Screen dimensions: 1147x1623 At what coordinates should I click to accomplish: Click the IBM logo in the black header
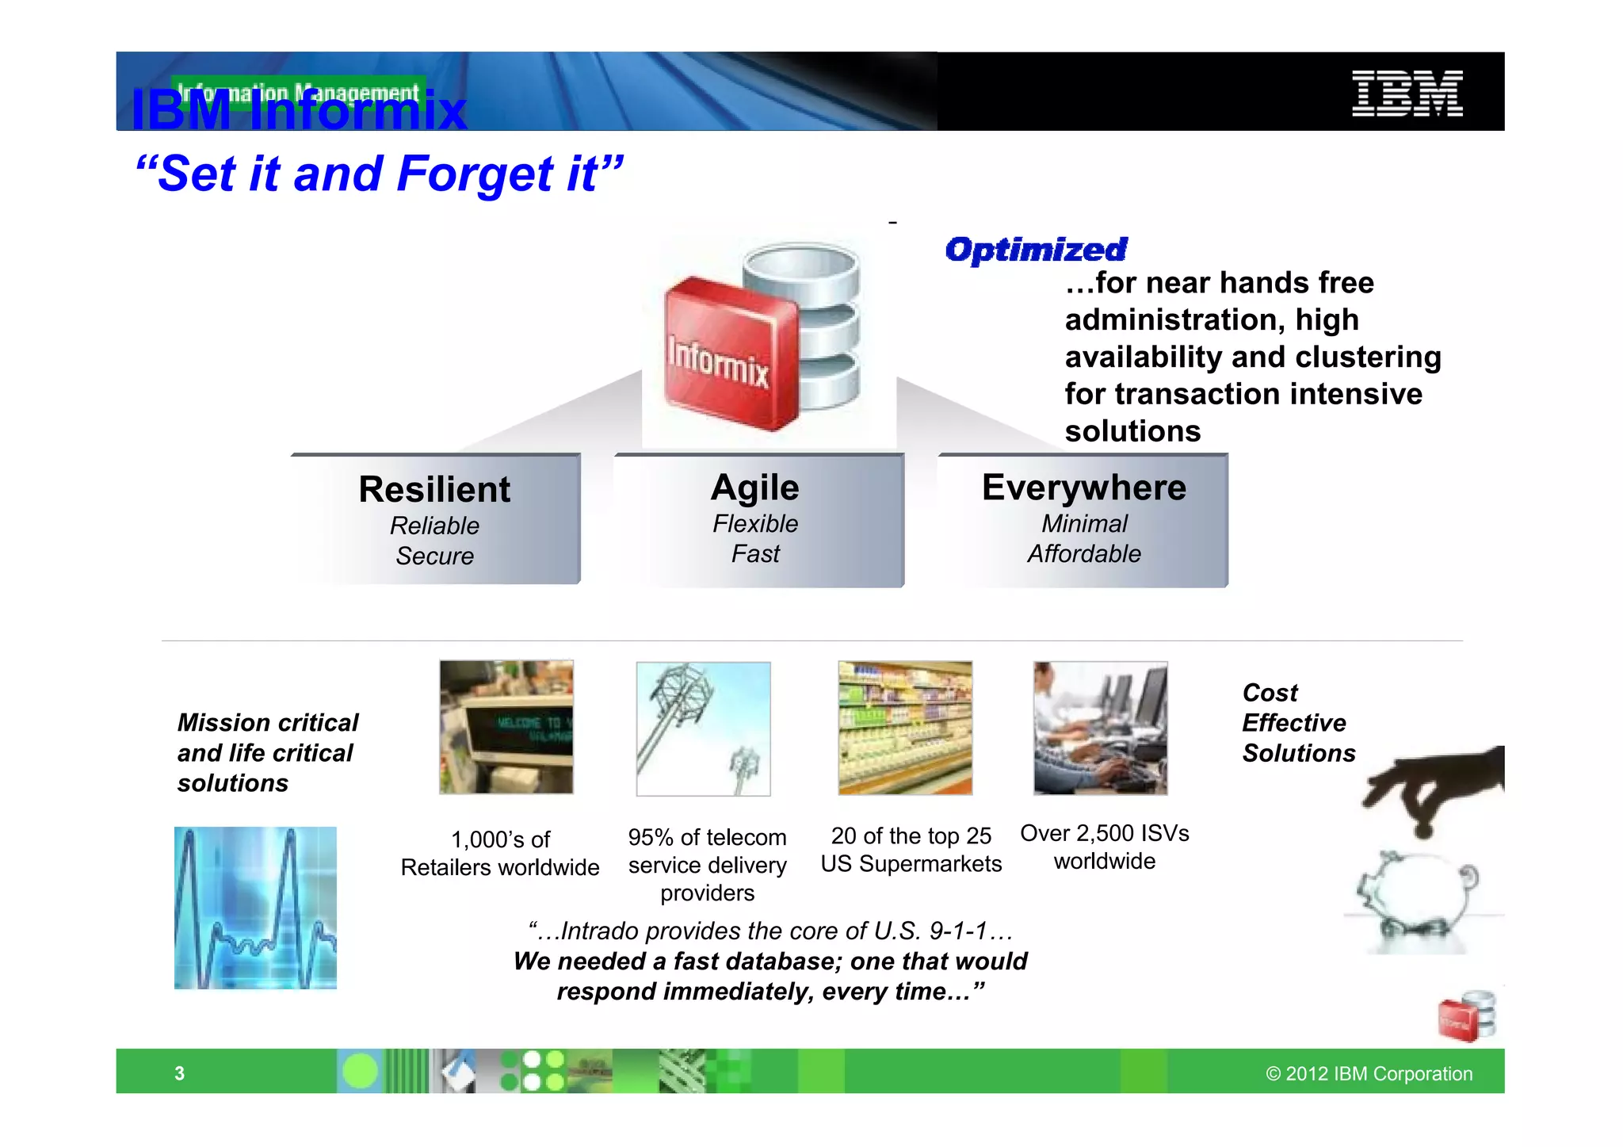1407,93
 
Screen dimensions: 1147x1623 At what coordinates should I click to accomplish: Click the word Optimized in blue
1036,250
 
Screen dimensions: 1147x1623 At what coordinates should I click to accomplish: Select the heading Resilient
434,489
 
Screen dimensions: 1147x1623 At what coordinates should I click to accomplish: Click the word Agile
754,487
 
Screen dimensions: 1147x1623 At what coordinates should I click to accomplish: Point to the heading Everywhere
1083,487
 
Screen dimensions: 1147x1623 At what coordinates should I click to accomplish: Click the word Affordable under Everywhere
1083,553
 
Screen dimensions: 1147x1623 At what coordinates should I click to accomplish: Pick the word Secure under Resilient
434,556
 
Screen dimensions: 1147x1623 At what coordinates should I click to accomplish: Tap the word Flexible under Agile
754,523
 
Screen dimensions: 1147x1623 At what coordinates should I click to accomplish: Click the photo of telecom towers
703,728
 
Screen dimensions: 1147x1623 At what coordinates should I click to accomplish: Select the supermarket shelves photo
905,728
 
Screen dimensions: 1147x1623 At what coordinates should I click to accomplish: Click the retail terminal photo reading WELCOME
506,727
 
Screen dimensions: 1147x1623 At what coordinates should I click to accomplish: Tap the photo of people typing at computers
1100,728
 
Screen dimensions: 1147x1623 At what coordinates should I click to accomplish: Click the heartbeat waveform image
255,908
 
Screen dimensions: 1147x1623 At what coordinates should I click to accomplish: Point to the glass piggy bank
1419,900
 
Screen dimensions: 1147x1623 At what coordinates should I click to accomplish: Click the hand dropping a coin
1434,789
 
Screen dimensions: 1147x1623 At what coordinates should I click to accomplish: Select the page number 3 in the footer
179,1073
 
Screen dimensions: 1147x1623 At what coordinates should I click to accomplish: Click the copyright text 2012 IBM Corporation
1369,1073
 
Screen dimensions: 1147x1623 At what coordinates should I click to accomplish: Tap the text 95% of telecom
707,837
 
